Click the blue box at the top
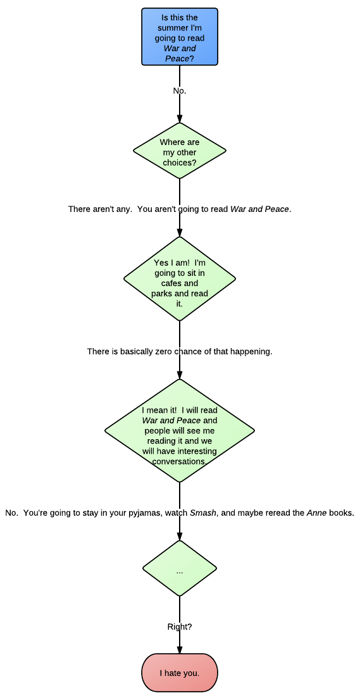pos(180,37)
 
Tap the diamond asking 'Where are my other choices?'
pos(180,151)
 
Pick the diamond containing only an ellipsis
pos(180,568)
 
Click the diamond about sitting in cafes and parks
pos(180,278)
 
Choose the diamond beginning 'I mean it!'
pos(180,430)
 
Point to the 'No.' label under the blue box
pos(179,91)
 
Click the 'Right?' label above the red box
pos(180,626)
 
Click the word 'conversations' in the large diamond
pos(179,461)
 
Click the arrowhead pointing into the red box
pos(180,649)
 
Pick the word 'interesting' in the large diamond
pos(197,451)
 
